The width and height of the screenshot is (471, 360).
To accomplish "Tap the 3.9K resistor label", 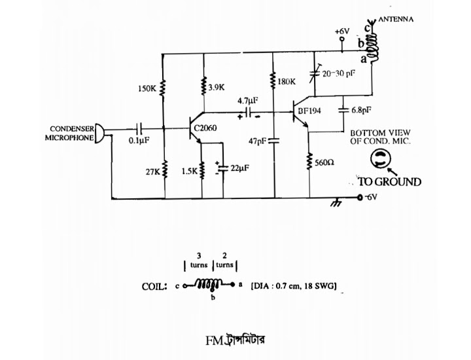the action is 217,88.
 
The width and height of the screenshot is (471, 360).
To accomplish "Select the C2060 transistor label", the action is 205,128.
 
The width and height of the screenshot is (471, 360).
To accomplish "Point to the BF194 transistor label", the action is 309,111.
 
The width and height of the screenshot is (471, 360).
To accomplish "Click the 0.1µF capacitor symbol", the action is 139,129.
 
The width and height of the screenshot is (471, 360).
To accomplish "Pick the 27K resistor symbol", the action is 165,169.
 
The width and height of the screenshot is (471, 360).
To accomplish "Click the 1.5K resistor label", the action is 190,171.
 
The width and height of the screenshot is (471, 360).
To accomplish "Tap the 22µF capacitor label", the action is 239,168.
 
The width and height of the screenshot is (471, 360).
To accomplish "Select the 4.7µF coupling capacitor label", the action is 248,101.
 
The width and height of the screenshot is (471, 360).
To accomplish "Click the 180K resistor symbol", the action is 273,80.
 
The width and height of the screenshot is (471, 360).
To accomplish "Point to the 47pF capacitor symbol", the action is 274,140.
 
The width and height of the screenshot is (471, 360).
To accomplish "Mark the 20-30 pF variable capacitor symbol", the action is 315,73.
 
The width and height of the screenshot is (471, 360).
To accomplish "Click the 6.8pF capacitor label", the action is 361,110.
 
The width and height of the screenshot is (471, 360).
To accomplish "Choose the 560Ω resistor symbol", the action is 309,162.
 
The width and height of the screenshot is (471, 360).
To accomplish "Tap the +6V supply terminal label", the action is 342,31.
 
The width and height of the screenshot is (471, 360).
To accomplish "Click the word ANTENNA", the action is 396,19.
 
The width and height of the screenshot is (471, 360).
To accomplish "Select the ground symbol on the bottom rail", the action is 336,203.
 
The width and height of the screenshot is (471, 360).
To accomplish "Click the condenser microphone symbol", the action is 100,133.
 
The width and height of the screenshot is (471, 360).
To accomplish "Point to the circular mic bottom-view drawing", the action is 381,159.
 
